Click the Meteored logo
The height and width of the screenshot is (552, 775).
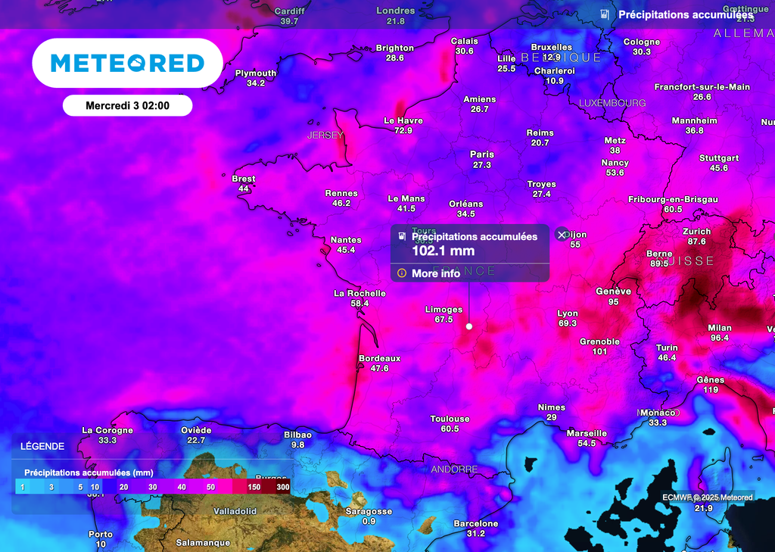click(127, 63)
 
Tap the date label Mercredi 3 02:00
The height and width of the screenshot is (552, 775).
click(127, 106)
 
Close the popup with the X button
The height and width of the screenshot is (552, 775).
click(561, 235)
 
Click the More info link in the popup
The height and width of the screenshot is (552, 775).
click(435, 273)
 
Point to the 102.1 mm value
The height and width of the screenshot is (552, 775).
click(443, 251)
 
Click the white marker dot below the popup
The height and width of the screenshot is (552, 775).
click(469, 326)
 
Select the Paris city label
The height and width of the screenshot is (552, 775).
click(482, 154)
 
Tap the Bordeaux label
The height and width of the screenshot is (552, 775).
click(379, 358)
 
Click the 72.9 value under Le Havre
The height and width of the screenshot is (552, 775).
click(403, 131)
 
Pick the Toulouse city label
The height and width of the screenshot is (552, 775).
click(450, 419)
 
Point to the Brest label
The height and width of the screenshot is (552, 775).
click(244, 179)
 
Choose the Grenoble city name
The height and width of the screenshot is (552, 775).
click(599, 341)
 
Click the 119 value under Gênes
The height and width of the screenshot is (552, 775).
click(711, 390)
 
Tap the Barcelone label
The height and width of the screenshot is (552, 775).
click(475, 523)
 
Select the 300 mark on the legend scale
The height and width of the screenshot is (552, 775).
click(283, 486)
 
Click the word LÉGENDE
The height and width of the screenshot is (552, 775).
click(42, 447)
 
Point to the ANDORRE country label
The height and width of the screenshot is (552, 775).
click(454, 469)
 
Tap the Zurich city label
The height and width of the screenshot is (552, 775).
click(696, 232)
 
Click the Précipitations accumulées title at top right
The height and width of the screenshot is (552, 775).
click(685, 14)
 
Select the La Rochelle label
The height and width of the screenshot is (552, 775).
click(359, 293)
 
